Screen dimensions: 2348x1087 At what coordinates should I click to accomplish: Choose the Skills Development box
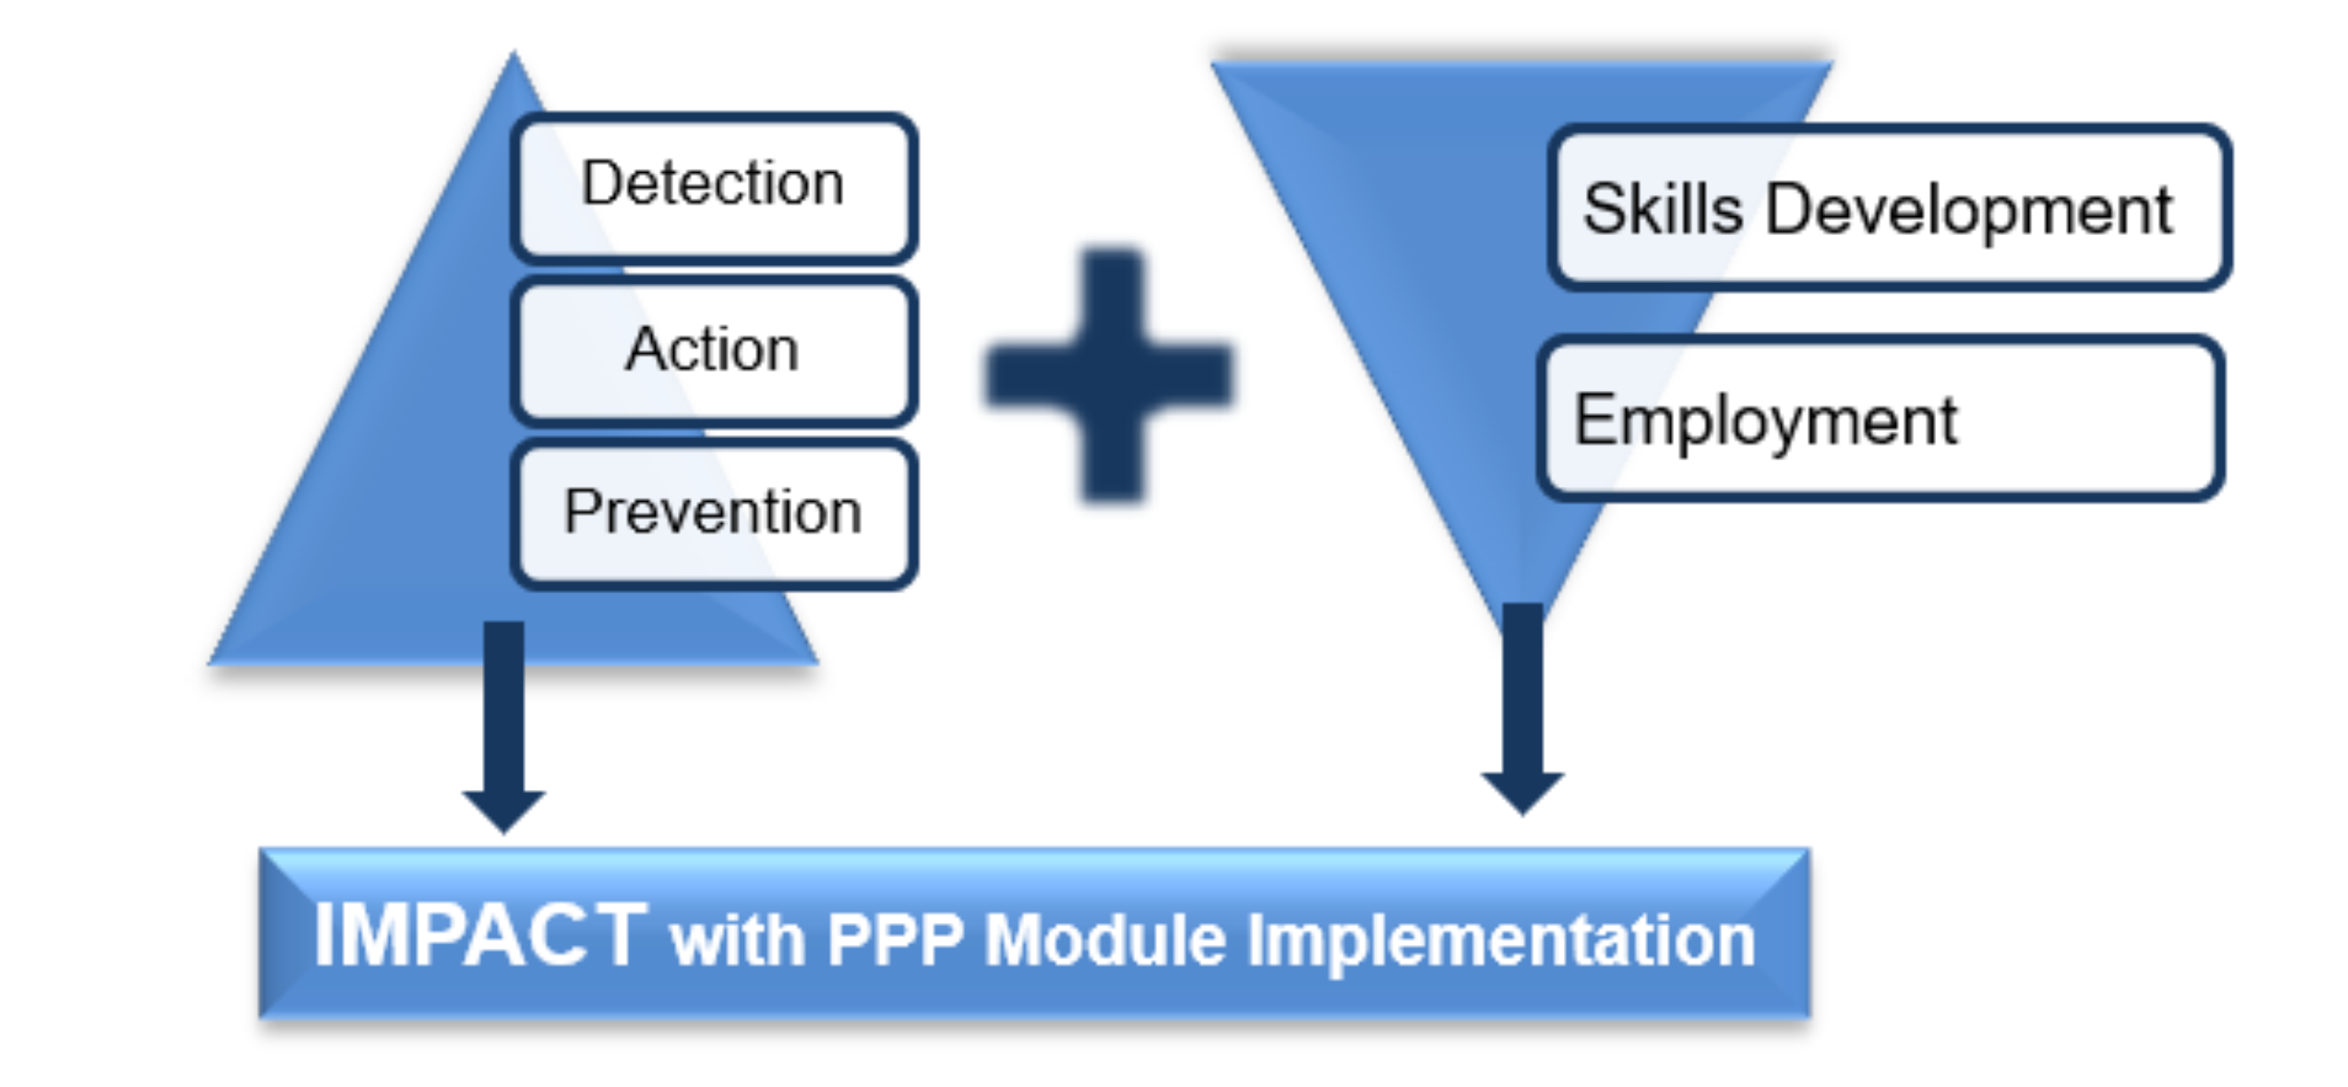pos(1890,208)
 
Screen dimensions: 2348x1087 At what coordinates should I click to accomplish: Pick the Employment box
pos(1880,418)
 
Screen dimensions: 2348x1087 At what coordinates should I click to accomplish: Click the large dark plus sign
pos(1110,374)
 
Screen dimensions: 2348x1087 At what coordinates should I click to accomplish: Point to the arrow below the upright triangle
pos(504,727)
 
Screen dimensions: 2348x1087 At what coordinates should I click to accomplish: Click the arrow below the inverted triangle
pos(1522,708)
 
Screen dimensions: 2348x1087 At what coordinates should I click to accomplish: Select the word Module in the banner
pos(1106,939)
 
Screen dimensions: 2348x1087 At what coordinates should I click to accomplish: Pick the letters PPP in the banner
pos(895,939)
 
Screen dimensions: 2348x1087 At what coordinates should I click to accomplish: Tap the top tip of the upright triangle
pos(513,51)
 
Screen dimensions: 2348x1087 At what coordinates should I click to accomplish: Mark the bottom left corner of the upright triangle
pos(210,663)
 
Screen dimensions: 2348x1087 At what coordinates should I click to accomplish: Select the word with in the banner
pos(737,939)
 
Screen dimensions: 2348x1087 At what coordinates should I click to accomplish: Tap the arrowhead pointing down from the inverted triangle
pos(1522,794)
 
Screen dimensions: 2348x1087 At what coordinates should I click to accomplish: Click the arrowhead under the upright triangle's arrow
pos(504,811)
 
